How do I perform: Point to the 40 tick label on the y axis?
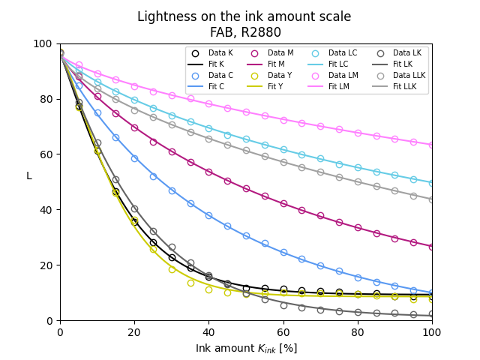point(48,210)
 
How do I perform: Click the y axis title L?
point(29,176)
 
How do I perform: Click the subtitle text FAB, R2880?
point(246,32)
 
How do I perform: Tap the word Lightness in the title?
point(163,16)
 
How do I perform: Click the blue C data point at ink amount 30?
point(172,190)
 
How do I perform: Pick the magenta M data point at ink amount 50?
point(246,188)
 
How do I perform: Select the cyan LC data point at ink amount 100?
point(432,182)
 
